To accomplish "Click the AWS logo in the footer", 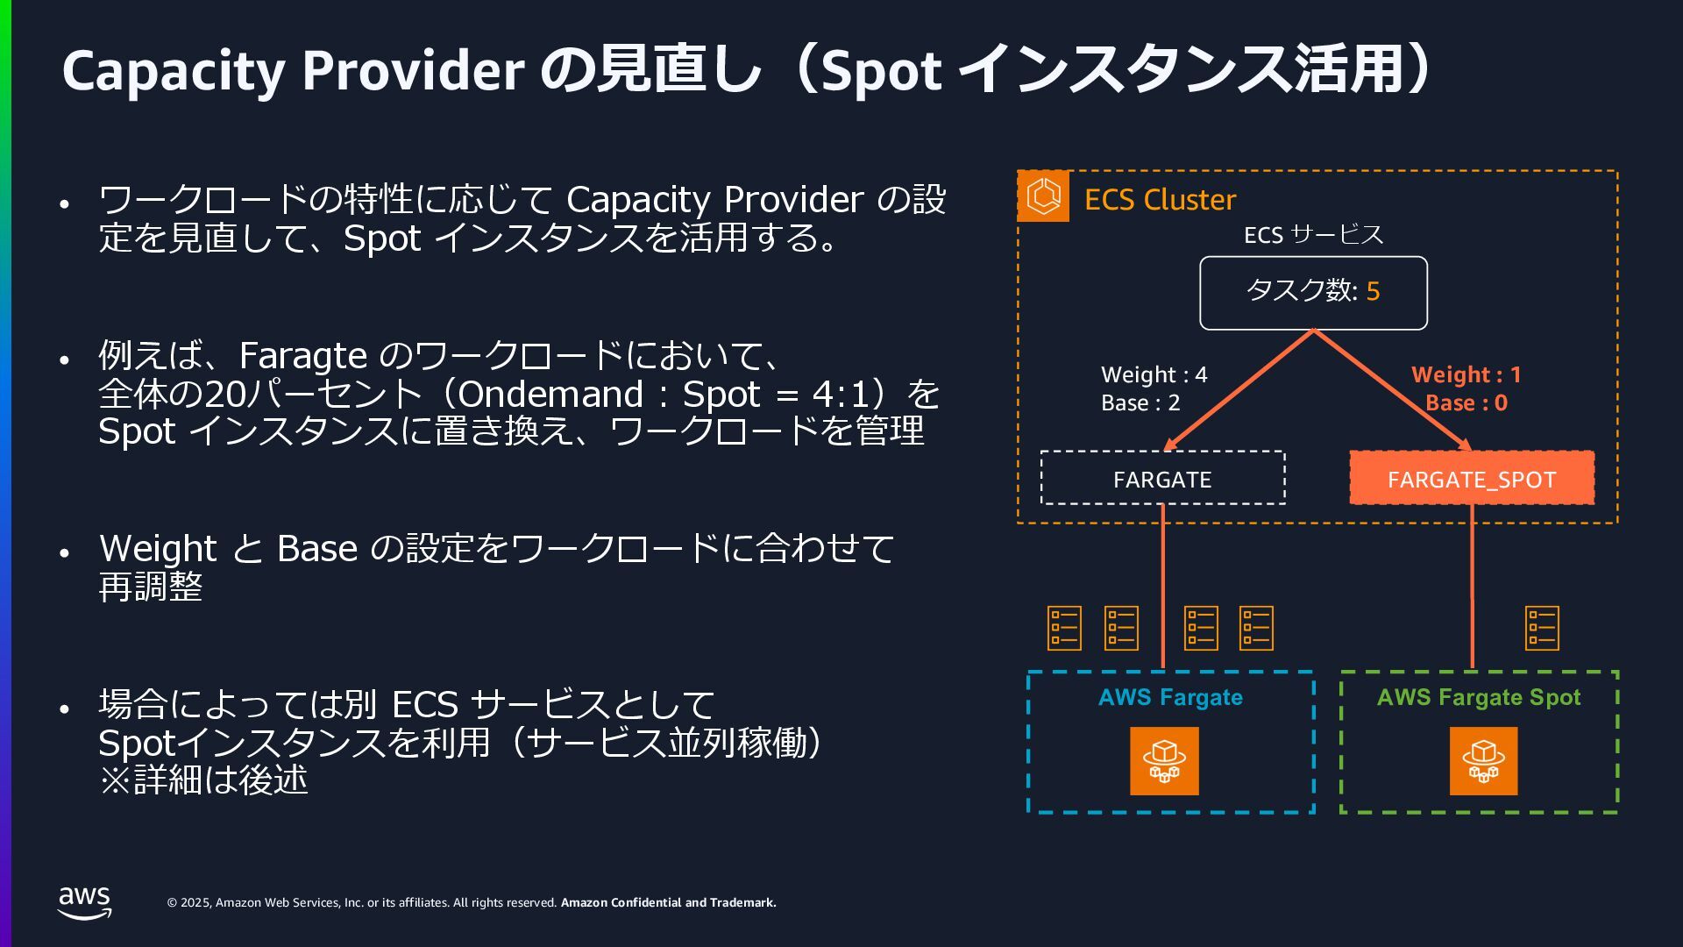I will pos(85,902).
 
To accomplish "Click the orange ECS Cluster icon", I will pos(1043,196).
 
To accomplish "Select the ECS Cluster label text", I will pos(1160,200).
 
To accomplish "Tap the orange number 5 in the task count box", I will pos(1373,291).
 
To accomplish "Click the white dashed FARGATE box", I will pos(1162,479).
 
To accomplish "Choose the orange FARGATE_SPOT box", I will pos(1471,479).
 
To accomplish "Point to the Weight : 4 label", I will pos(1154,374).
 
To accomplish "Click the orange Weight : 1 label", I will pos(1466,374).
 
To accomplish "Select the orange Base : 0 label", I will pos(1466,403).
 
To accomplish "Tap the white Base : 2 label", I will pos(1140,403).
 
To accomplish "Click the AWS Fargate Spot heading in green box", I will pos(1478,697).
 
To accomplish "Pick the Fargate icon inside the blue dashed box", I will pos(1163,761).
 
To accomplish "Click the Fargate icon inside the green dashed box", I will pos(1483,761).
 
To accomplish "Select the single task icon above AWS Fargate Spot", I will pos(1542,628).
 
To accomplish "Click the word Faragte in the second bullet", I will pos(302,356).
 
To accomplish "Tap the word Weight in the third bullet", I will pos(158,549).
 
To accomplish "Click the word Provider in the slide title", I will pos(413,70).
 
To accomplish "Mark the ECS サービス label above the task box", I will pos(1313,235).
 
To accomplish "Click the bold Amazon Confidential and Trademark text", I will pos(668,902).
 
